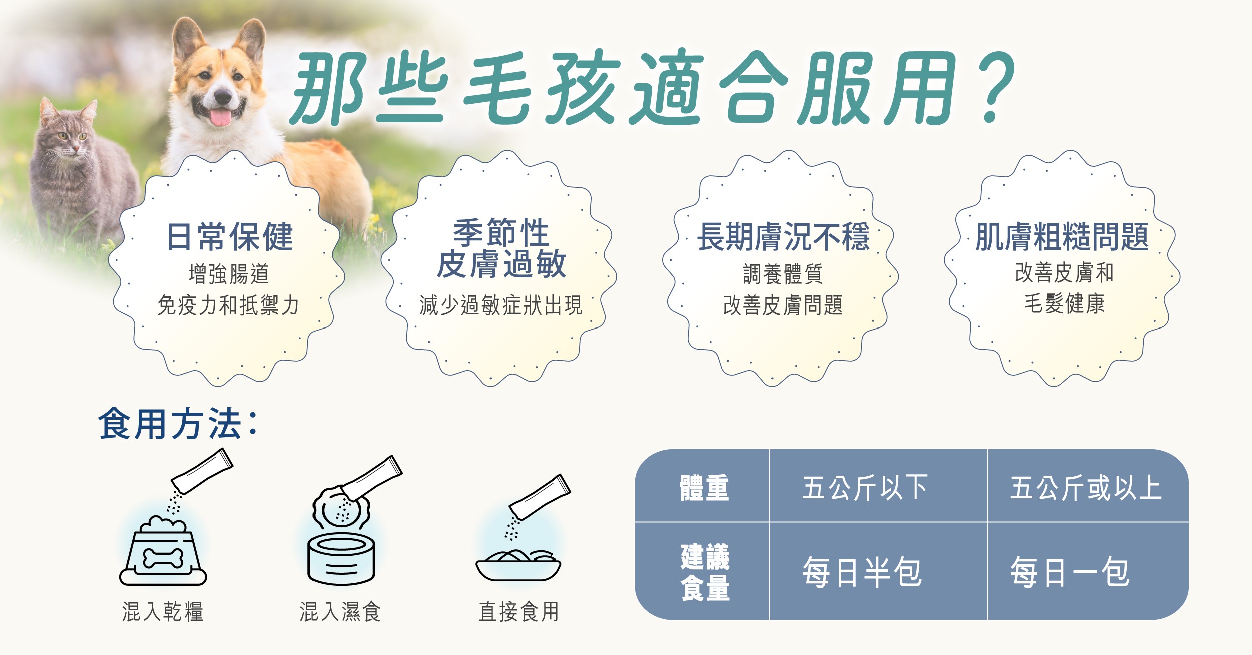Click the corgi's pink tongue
click(221, 117)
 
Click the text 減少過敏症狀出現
click(501, 305)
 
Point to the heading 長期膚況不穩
click(783, 237)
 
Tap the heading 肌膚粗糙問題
click(1062, 237)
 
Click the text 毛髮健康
click(1064, 303)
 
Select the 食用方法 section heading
click(178, 424)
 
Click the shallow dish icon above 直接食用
click(518, 565)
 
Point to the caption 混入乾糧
click(163, 612)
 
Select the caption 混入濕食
click(341, 612)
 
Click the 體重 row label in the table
click(704, 488)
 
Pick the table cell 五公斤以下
click(865, 488)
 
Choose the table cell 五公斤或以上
click(1086, 488)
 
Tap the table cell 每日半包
click(862, 572)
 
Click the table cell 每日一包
click(1070, 572)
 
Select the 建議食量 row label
click(705, 572)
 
